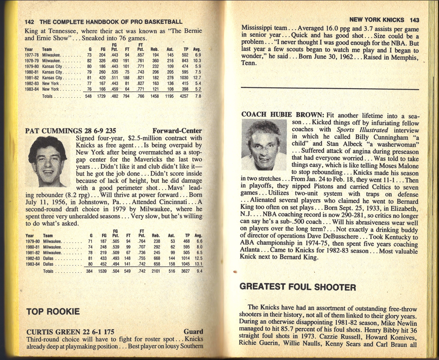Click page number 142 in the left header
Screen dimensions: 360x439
(29, 22)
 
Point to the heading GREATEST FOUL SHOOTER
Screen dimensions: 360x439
(298, 287)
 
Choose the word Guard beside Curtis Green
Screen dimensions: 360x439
(193, 332)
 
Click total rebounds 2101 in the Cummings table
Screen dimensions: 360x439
(156, 271)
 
